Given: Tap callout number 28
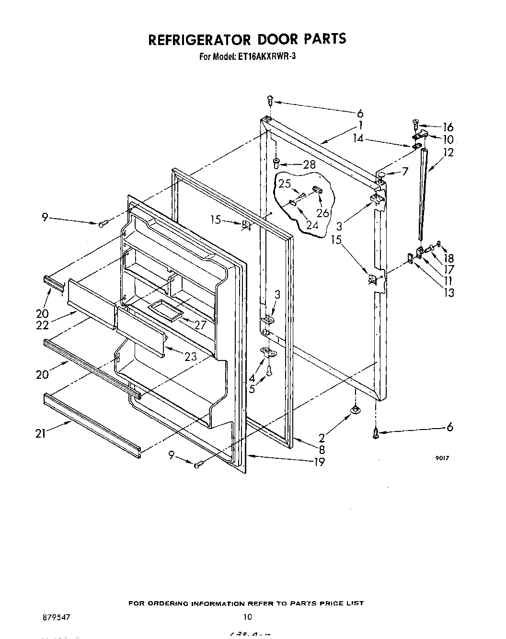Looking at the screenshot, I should click(310, 164).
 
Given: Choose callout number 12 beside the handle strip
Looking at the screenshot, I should click(448, 153).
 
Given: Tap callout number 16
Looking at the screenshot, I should click(448, 127).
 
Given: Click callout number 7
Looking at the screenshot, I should click(405, 171).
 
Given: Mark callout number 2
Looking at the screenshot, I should click(322, 438).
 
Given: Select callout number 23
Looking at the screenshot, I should click(190, 357).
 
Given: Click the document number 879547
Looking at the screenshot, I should click(57, 617).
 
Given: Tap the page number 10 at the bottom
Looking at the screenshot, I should click(247, 617).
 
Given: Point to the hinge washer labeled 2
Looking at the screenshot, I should click(355, 409).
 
